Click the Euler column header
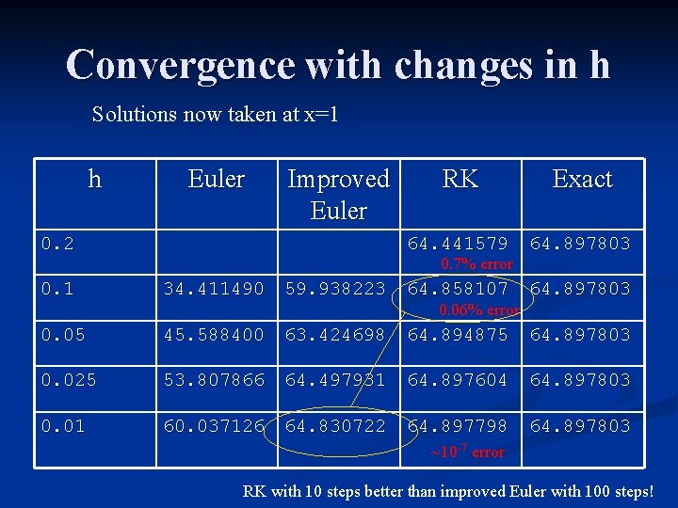[216, 179]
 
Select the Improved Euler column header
[338, 194]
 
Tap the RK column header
[460, 179]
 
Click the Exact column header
[582, 179]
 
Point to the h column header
[94, 179]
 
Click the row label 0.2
[57, 244]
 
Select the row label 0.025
[67, 379]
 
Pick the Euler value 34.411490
[216, 288]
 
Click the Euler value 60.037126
[216, 426]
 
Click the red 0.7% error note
[476, 264]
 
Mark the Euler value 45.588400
[216, 334]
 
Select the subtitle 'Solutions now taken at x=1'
[216, 115]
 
